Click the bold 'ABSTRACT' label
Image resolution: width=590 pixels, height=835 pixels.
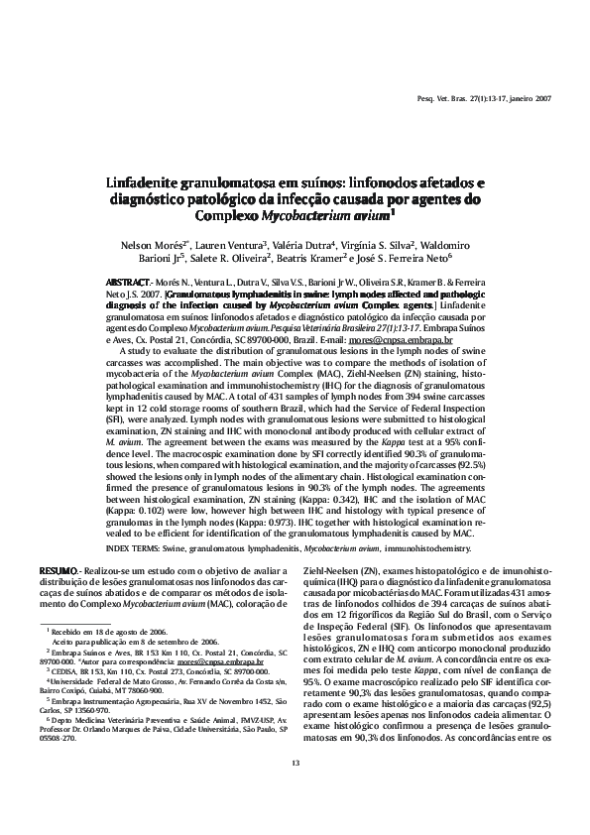129,284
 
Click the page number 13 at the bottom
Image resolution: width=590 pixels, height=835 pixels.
295,788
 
